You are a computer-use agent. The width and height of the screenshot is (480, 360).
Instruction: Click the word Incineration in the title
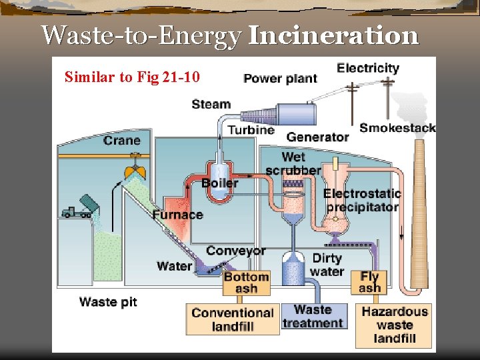[x=333, y=35]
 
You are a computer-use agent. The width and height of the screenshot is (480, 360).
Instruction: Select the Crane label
[x=122, y=140]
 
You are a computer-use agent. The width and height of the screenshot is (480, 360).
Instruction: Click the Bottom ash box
[x=247, y=283]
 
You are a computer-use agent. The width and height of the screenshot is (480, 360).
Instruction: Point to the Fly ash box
[x=370, y=282]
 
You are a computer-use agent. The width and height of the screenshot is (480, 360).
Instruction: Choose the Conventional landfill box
[x=233, y=319]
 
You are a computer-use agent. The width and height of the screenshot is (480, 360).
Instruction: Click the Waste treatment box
[x=313, y=317]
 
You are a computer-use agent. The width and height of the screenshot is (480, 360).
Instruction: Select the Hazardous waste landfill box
[x=395, y=325]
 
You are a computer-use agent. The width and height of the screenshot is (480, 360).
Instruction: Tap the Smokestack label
[x=397, y=128]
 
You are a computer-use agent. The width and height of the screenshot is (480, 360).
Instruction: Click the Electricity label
[x=368, y=68]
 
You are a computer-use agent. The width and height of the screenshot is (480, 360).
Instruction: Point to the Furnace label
[x=177, y=215]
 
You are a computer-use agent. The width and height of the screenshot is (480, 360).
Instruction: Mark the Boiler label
[x=220, y=183]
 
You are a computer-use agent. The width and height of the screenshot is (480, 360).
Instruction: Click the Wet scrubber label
[x=293, y=163]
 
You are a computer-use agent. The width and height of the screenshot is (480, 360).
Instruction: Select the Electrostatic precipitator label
[x=362, y=200]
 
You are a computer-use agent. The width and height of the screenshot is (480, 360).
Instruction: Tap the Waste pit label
[x=108, y=302]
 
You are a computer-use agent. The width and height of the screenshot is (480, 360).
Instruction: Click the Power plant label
[x=280, y=79]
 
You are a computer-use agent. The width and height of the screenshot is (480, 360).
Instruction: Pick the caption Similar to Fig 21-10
[x=132, y=77]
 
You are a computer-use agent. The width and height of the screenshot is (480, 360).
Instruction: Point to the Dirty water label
[x=327, y=265]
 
